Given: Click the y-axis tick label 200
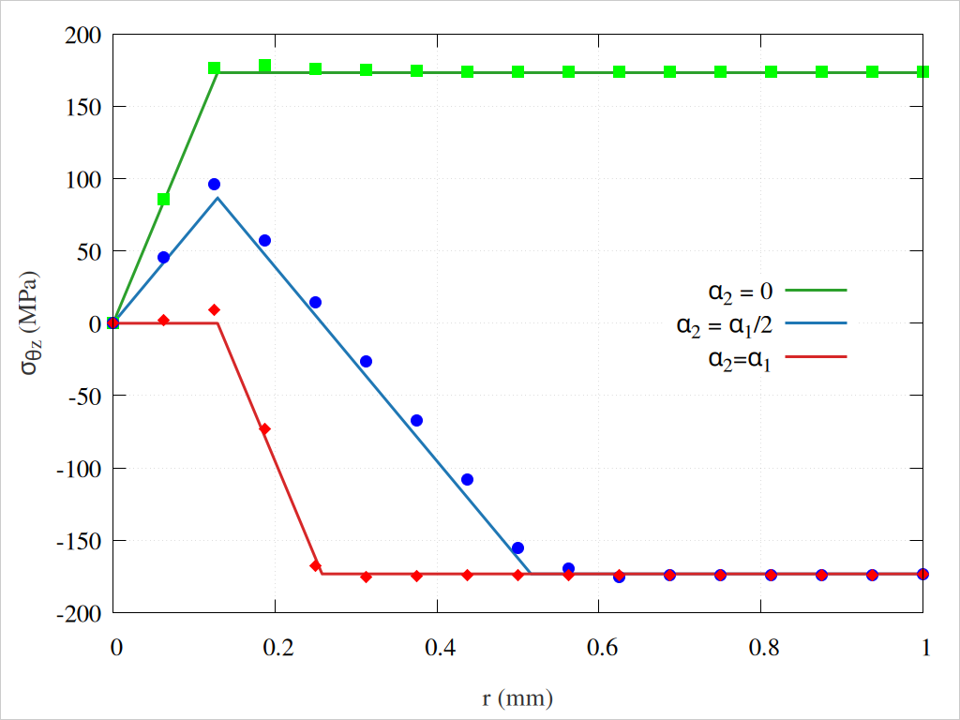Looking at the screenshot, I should (x=85, y=35).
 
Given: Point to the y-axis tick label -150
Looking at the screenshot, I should (x=81, y=541).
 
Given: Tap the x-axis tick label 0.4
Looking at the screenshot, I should (x=438, y=647).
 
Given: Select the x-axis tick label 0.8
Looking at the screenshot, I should (x=762, y=647).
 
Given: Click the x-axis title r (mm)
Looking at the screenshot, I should (x=517, y=698).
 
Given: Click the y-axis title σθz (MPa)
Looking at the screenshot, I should (x=30, y=323).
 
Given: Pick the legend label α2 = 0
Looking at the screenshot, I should (x=741, y=292).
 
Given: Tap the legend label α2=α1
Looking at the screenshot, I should (x=740, y=357).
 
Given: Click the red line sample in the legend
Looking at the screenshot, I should (x=816, y=357).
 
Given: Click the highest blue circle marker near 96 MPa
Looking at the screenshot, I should (x=214, y=185).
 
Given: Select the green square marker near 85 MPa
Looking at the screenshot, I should (x=163, y=200).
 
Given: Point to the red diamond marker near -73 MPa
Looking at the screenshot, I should (x=264, y=429).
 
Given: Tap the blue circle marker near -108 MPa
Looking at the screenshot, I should (x=467, y=480).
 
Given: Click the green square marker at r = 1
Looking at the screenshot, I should (x=923, y=72).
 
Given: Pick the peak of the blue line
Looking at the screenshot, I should (x=217, y=198).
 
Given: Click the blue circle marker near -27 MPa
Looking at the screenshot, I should (x=366, y=362).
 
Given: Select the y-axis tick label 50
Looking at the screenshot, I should (x=90, y=251).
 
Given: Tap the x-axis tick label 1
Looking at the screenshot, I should (x=925, y=647).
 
